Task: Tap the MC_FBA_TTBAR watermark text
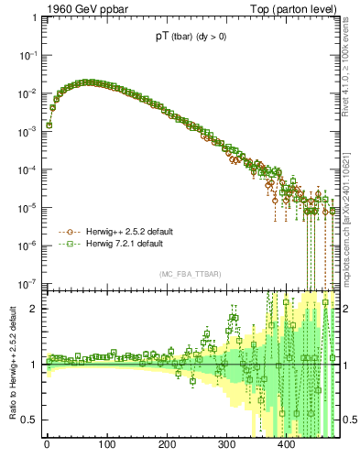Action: click(189, 275)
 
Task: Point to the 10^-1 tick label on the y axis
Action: click(28, 55)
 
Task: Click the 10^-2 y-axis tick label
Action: click(28, 93)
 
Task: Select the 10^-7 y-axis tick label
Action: click(28, 282)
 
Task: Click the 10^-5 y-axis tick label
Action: click(28, 207)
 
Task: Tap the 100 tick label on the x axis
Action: click(106, 445)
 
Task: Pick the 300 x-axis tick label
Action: click(226, 445)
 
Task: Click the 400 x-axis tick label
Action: click(286, 445)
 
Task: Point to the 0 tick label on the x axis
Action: click(47, 445)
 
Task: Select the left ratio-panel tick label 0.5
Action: click(30, 420)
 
